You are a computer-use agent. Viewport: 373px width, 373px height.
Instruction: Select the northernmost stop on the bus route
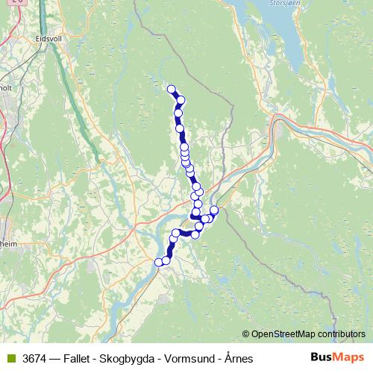pyautogui.click(x=172, y=90)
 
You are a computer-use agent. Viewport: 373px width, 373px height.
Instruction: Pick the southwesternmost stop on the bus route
pyautogui.click(x=158, y=262)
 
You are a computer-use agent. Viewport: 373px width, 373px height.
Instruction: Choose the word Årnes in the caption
pyautogui.click(x=239, y=359)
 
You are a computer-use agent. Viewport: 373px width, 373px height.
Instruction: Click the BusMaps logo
pyautogui.click(x=337, y=358)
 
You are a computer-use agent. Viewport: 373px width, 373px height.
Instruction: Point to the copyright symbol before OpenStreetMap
pyautogui.click(x=246, y=333)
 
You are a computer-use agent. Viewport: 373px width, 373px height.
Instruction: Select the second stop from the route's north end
pyautogui.click(x=180, y=100)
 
